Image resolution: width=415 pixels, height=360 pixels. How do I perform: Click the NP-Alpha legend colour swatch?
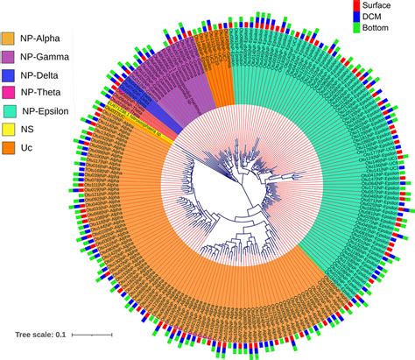(x=11, y=39)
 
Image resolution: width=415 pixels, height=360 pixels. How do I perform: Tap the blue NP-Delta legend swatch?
(x=11, y=79)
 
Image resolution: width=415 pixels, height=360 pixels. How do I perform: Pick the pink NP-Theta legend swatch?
(x=11, y=99)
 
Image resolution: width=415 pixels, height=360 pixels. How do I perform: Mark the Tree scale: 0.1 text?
(x=40, y=334)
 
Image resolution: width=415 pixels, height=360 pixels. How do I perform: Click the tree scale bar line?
(x=91, y=334)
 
